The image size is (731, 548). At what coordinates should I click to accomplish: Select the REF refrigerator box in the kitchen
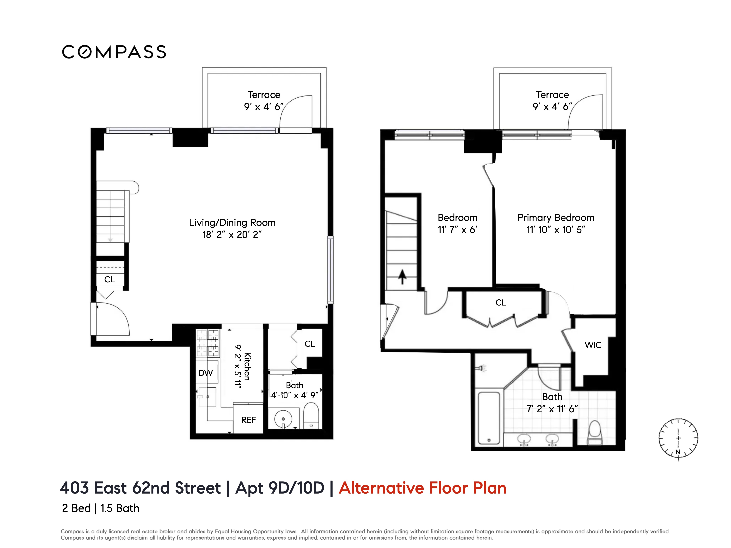248,420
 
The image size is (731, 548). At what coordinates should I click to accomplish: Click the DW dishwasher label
206,373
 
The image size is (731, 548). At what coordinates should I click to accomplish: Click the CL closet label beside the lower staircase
110,279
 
